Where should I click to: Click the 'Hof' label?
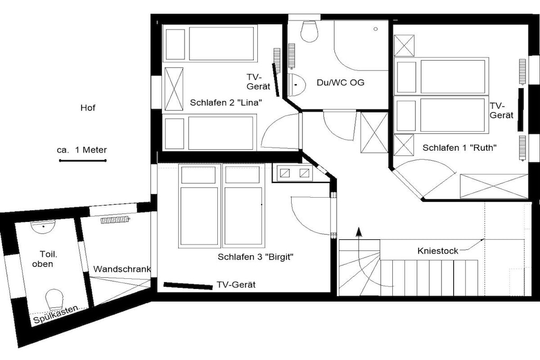pos(88,108)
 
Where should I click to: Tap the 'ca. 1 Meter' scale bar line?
pos(83,160)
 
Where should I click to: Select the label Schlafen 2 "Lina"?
pos(226,103)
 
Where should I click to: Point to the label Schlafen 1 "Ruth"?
pos(460,148)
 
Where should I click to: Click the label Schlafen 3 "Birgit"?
pos(255,257)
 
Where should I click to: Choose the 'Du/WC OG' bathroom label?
pos(340,83)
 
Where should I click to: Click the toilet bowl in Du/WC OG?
pos(308,31)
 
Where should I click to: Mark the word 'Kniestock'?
pos(438,250)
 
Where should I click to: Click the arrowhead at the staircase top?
pos(359,232)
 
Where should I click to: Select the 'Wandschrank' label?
pos(122,269)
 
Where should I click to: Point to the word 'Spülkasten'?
pos(55,315)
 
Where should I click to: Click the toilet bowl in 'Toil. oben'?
pos(54,299)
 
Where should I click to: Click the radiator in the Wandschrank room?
pos(114,220)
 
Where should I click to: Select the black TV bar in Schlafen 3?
pos(188,286)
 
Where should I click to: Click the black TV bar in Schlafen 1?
pos(520,110)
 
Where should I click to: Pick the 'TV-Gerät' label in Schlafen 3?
pos(236,285)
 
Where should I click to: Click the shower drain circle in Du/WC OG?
pos(375,30)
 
